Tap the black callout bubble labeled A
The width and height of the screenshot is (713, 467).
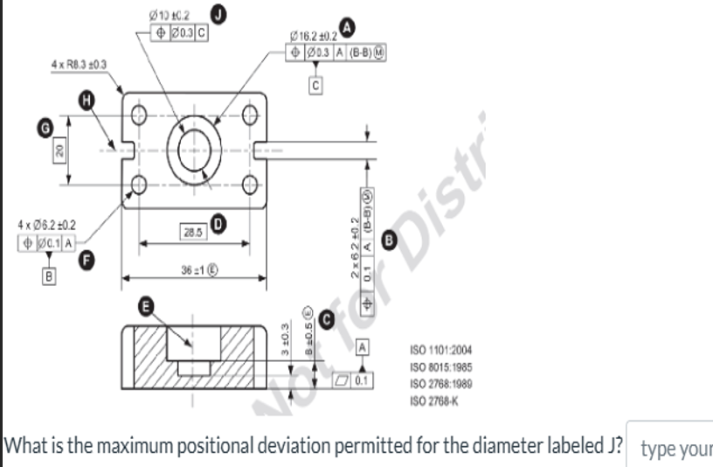[349, 29]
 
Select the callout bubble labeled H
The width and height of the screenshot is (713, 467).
[86, 101]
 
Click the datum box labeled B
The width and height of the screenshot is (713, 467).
[49, 276]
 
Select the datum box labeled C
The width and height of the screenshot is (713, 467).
[315, 85]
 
